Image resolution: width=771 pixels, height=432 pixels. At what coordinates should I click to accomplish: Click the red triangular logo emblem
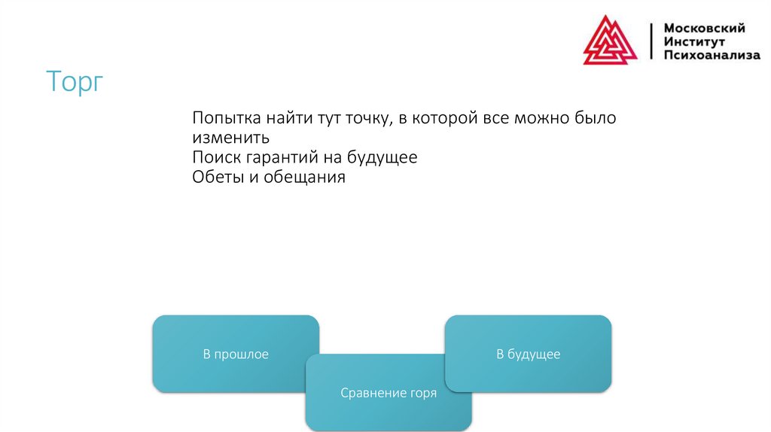coord(610,41)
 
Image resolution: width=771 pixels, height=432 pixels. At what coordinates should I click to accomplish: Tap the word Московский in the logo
coord(704,28)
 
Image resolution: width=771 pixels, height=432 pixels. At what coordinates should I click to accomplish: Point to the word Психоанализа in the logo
coord(712,55)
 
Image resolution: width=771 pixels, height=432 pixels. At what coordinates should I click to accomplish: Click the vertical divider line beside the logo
coord(651,41)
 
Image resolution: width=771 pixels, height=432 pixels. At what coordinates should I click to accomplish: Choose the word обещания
coord(303,178)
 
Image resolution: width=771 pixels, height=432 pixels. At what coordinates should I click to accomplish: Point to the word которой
coord(451,119)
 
